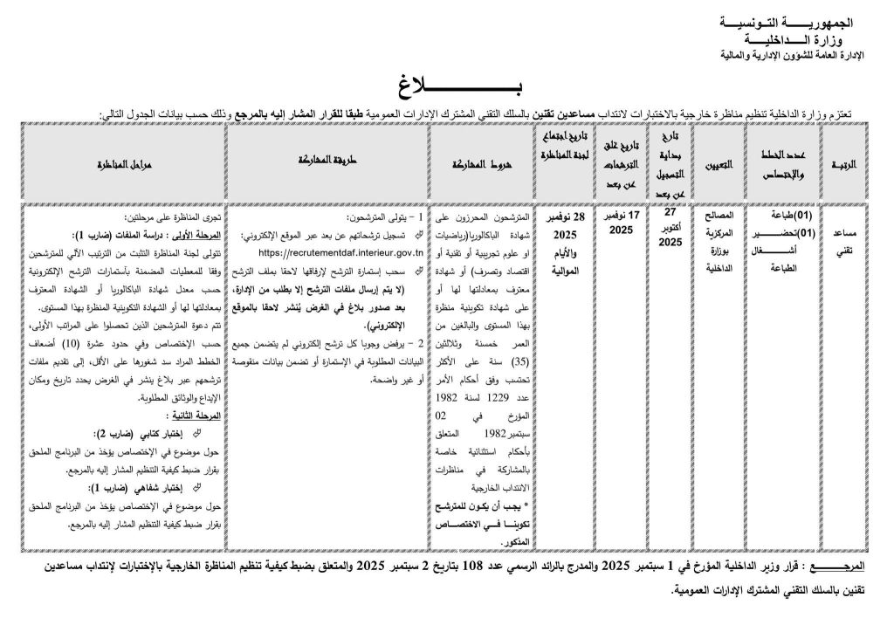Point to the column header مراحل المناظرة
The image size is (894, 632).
click(x=118, y=163)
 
